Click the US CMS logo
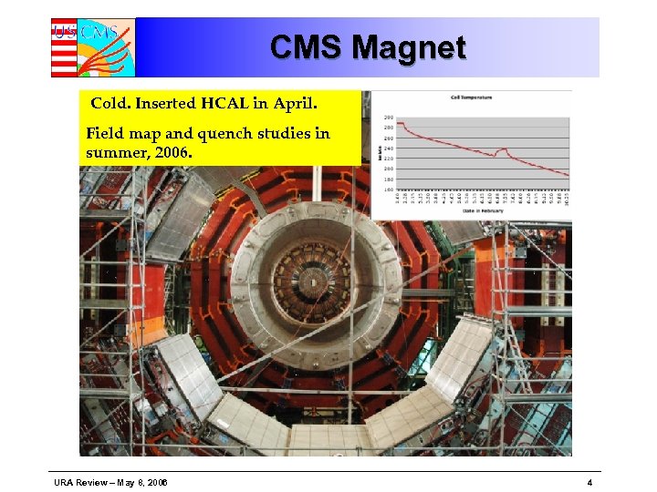pos(92,47)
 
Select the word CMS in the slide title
pos(307,47)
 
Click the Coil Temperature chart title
pos(471,97)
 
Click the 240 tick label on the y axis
pos(389,149)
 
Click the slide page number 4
pos(590,482)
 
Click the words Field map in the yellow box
pos(123,134)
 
